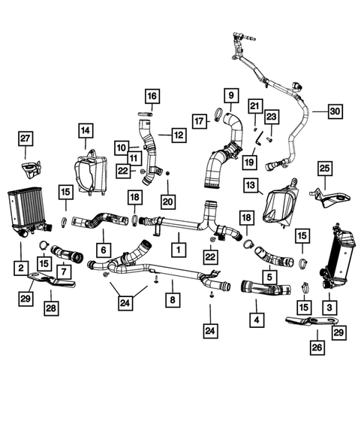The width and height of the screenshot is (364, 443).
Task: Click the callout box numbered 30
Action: (x=335, y=111)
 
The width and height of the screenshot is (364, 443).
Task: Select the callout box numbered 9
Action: (x=231, y=96)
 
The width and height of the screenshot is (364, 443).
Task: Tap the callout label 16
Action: (x=152, y=96)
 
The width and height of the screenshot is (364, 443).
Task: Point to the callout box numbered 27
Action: (x=26, y=138)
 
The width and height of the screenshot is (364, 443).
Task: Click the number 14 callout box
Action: (x=86, y=130)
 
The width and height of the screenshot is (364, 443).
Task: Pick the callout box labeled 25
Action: (x=325, y=168)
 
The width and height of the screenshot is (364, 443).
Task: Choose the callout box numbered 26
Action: (x=317, y=347)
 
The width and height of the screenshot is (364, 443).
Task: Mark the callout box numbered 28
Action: (x=51, y=308)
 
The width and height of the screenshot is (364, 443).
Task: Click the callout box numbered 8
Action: (x=173, y=299)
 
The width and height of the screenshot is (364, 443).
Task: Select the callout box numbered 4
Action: (x=257, y=320)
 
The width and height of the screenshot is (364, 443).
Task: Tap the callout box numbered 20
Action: (x=168, y=202)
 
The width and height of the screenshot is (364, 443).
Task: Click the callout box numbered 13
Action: (x=251, y=185)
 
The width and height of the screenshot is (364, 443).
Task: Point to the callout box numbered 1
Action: (x=179, y=250)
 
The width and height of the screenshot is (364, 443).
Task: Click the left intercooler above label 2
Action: (x=29, y=212)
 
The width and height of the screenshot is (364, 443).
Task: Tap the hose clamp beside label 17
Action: (x=218, y=114)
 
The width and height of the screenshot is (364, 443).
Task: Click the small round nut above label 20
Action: (x=167, y=173)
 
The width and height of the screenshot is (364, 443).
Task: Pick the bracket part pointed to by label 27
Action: (x=31, y=169)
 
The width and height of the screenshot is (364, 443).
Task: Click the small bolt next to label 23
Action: (x=269, y=140)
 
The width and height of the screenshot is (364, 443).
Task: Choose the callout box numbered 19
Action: (x=249, y=162)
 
